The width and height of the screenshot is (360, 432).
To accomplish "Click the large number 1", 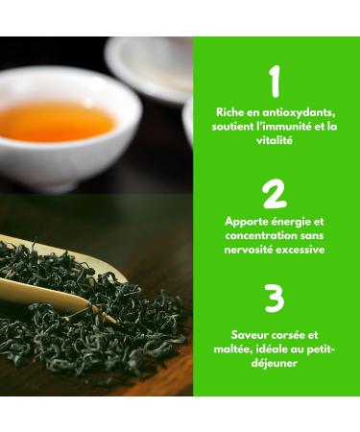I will coord(275,83).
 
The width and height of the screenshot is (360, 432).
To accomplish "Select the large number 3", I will coord(275,299).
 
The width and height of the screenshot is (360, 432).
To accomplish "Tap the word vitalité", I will coord(275,139).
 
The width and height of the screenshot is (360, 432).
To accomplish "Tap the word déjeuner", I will coord(275,364).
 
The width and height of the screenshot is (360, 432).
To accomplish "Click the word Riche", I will coord(231,112).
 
